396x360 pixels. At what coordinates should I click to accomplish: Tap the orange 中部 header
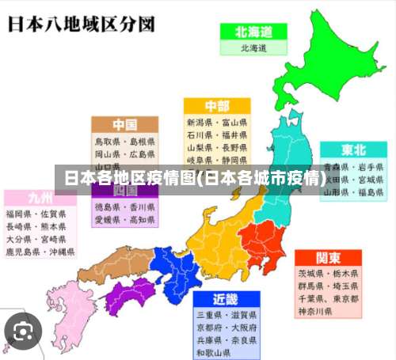217,106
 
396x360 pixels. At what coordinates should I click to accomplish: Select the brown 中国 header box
124,125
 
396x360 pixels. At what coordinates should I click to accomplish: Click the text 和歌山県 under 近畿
215,352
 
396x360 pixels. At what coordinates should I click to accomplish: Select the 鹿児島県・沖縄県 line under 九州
40,252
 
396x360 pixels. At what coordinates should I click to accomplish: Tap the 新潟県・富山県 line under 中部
217,123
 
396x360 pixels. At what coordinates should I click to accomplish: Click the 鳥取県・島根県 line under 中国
124,142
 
